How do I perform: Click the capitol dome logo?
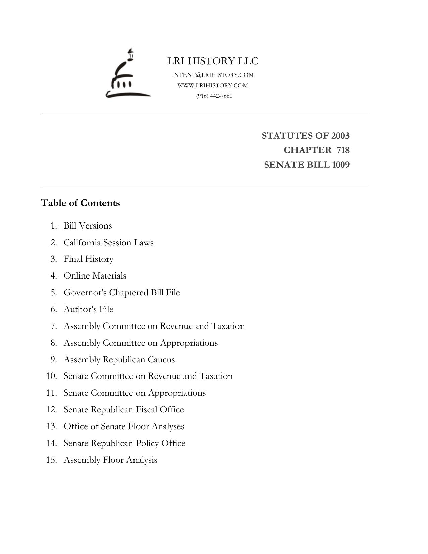pyautogui.click(x=127, y=74)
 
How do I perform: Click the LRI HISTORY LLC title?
pyautogui.click(x=213, y=61)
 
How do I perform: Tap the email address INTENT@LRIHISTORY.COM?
pyautogui.click(x=213, y=75)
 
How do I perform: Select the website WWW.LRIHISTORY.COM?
pyautogui.click(x=213, y=85)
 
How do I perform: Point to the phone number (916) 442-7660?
pyautogui.click(x=214, y=96)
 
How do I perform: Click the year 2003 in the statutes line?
pyautogui.click(x=340, y=136)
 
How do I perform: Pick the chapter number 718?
pyautogui.click(x=343, y=150)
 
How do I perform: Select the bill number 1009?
pyautogui.click(x=340, y=165)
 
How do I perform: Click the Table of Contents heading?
pyautogui.click(x=80, y=203)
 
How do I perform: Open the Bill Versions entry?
pyautogui.click(x=88, y=225)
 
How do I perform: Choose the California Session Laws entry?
pyautogui.click(x=108, y=242)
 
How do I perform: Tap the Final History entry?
pyautogui.click(x=89, y=259)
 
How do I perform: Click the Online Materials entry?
pyautogui.click(x=95, y=276)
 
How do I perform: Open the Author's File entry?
pyautogui.click(x=89, y=309)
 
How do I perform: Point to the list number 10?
pyautogui.click(x=51, y=376)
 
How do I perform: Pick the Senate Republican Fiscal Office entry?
pyautogui.click(x=124, y=410)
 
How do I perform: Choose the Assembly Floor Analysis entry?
pyautogui.click(x=110, y=460)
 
